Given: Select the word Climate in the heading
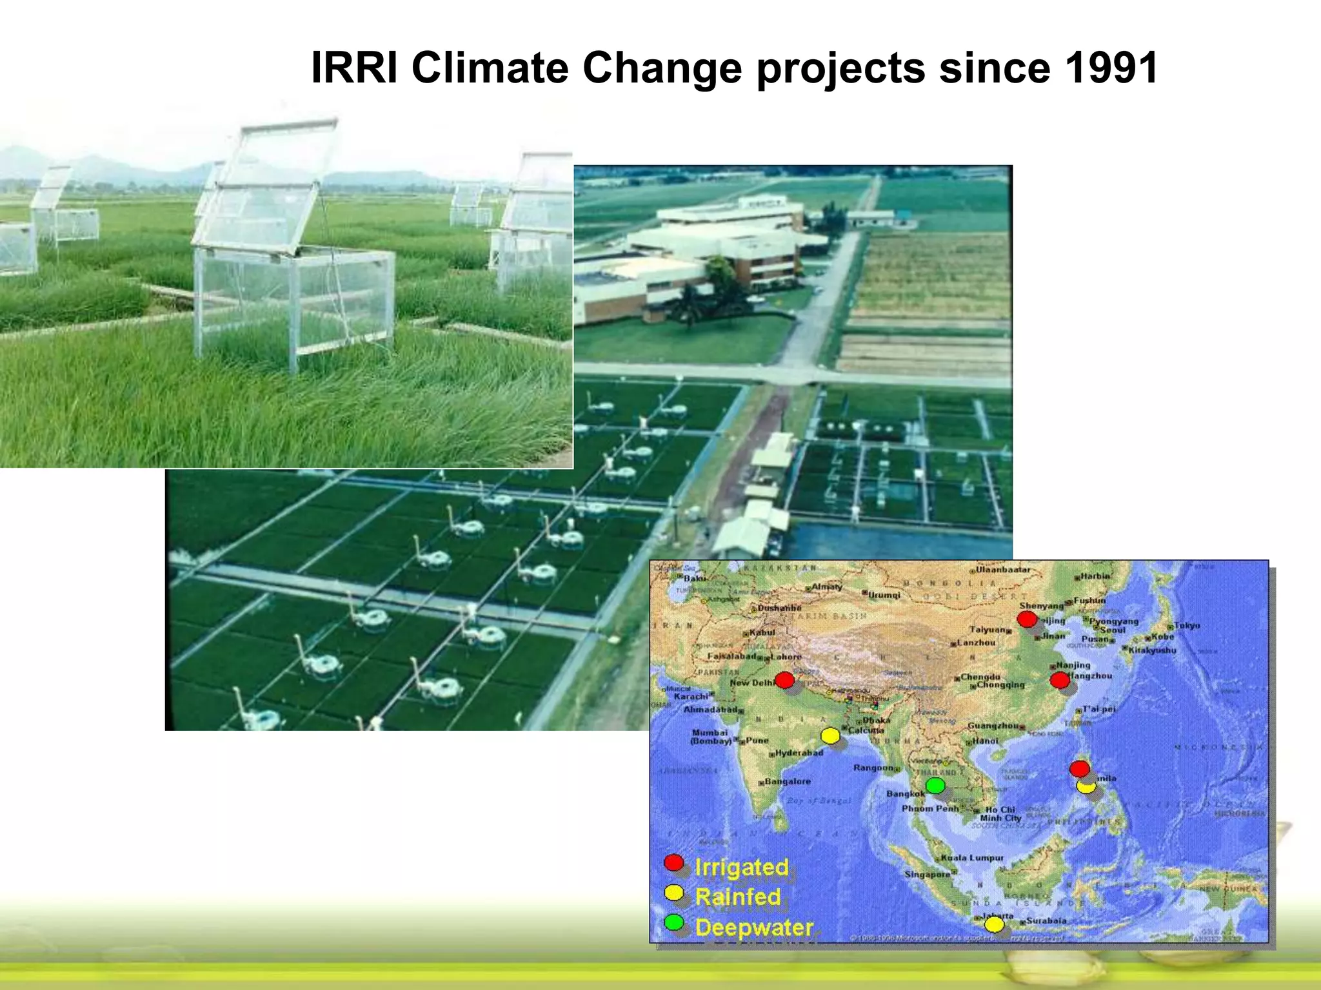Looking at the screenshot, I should (x=490, y=68).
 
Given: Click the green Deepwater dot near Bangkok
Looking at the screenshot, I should (x=935, y=785).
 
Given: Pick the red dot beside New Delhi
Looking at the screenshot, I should (x=784, y=679).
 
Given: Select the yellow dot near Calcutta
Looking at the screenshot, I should (x=830, y=735).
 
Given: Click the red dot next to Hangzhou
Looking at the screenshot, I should (x=1059, y=679).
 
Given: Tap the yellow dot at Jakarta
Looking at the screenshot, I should (x=994, y=924).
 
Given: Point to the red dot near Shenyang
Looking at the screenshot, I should (x=1027, y=619).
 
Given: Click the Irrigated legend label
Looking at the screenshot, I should (x=742, y=867).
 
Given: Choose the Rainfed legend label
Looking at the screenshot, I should (x=738, y=897).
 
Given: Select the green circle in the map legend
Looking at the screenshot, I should (x=674, y=922).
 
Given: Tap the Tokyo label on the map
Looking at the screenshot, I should (x=1187, y=625).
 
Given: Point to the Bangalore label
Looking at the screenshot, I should (x=787, y=781).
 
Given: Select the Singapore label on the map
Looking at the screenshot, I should (x=927, y=874).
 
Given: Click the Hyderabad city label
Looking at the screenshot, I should (x=799, y=752).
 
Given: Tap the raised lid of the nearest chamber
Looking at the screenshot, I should (x=271, y=184).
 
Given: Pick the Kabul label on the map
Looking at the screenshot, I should (x=762, y=632).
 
